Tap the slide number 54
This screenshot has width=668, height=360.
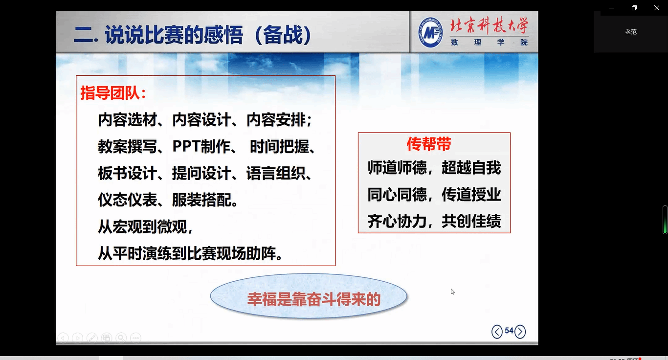(x=509, y=331)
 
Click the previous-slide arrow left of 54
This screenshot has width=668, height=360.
(x=497, y=332)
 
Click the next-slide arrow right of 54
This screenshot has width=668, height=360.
(x=520, y=332)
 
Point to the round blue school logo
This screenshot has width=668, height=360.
(x=430, y=33)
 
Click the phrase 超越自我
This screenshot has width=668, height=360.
(x=471, y=168)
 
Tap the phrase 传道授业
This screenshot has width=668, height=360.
(x=471, y=195)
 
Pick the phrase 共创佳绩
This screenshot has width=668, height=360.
(x=471, y=221)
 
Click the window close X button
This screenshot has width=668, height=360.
(x=656, y=8)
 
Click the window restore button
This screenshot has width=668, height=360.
(x=634, y=8)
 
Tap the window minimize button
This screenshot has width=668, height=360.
(x=612, y=8)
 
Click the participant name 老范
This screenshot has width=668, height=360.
(x=631, y=32)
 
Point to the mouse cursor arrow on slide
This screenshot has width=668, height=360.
(x=452, y=292)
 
